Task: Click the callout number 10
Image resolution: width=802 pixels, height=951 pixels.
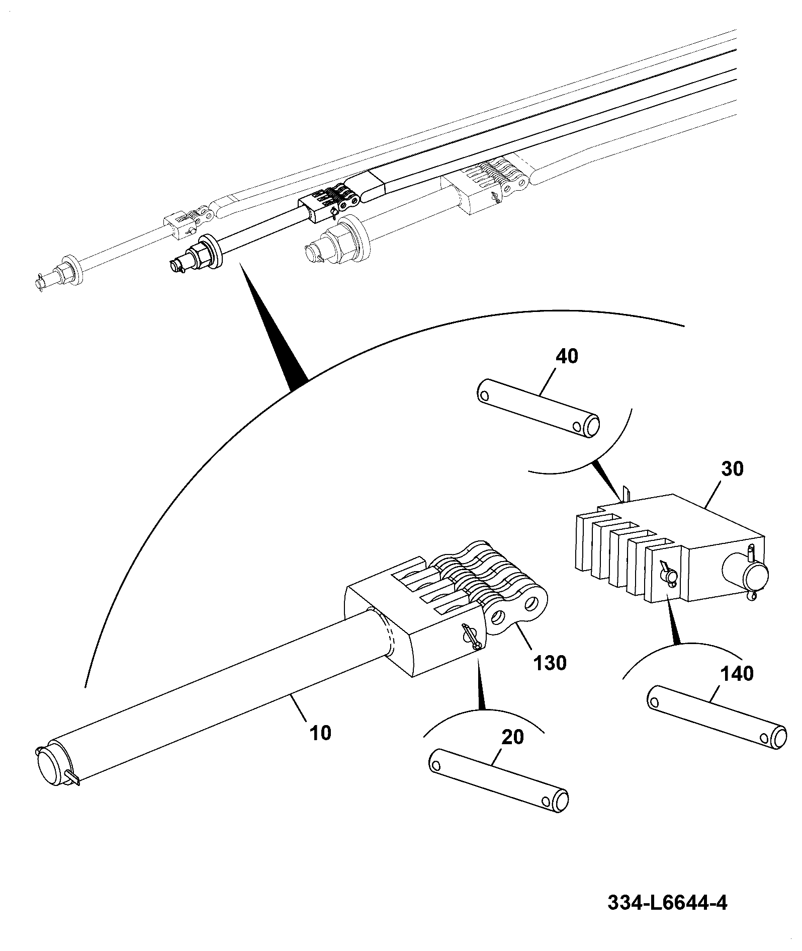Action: (x=320, y=733)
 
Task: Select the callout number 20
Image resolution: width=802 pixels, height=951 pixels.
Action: (x=513, y=738)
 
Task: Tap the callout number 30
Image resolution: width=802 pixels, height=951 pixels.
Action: (x=732, y=469)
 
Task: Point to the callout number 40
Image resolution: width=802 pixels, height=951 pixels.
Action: (x=567, y=356)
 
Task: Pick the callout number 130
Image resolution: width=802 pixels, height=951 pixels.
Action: (x=550, y=663)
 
